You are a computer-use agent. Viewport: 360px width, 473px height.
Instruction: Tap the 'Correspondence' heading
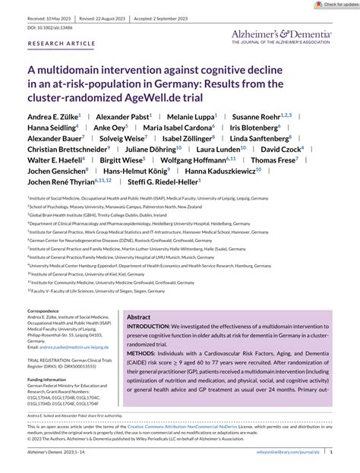(x=45, y=311)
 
